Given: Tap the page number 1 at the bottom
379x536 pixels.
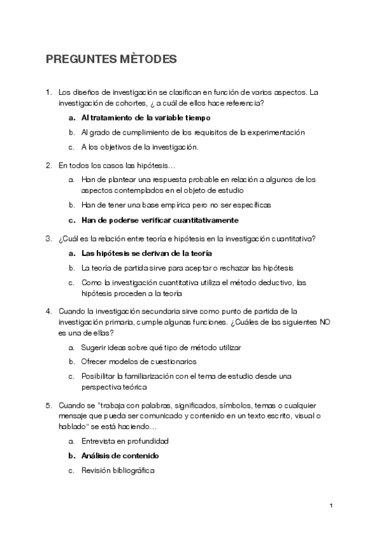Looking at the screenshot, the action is click(x=331, y=506).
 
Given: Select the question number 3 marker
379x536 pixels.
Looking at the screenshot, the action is click(x=48, y=238).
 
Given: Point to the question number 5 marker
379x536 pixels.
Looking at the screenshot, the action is click(x=48, y=405).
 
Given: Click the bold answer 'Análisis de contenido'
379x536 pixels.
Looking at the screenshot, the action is click(x=120, y=455).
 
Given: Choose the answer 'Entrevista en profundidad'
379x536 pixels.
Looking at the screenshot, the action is click(x=125, y=441).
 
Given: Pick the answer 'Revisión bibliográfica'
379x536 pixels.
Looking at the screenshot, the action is click(x=118, y=470).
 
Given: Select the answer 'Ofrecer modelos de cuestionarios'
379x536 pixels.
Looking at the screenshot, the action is click(x=139, y=362).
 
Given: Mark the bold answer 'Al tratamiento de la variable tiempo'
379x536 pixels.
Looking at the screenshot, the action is click(x=146, y=118).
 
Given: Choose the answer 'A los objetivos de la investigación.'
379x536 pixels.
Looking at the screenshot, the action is click(x=140, y=147).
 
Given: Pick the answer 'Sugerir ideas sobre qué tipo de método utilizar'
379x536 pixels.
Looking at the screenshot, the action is click(x=161, y=347).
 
